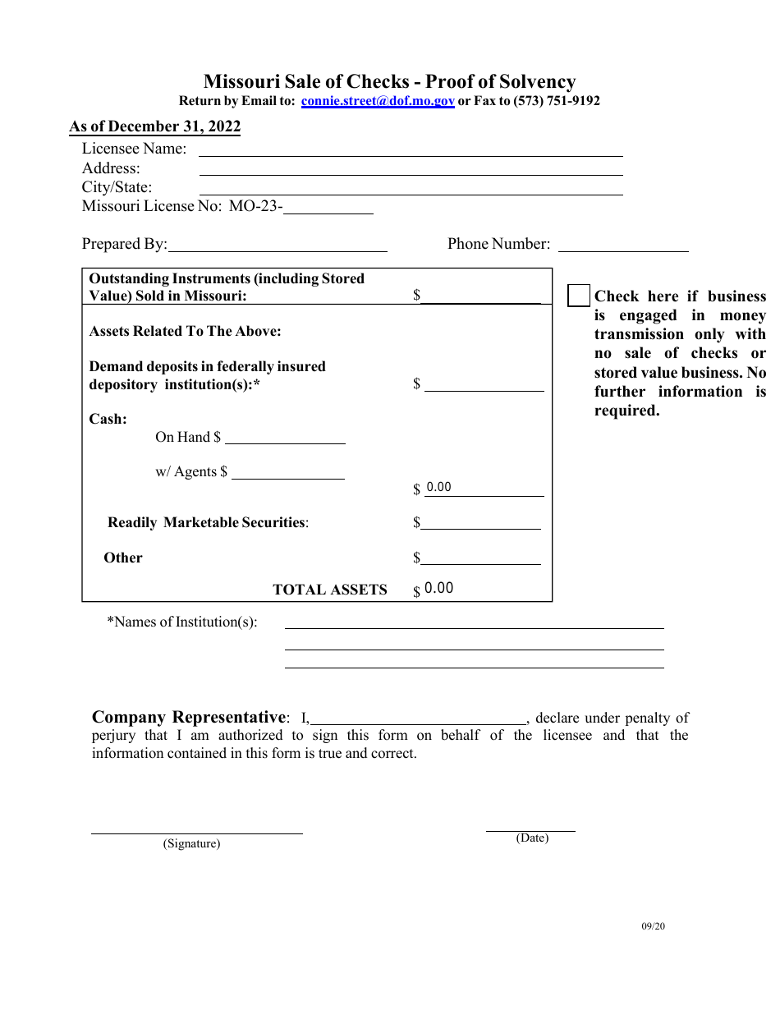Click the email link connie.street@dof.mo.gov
(378, 101)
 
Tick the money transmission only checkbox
(579, 296)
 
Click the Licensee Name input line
(411, 149)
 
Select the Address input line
(411, 168)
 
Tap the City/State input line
(411, 187)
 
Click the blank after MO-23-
(328, 207)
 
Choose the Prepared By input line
(278, 244)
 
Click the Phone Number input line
(623, 244)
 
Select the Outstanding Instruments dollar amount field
(481, 296)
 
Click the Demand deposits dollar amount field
(484, 384)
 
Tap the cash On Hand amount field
(285, 437)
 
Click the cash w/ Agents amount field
(288, 472)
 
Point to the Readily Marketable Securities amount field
(481, 522)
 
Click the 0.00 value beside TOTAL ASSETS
(439, 588)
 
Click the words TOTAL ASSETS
(329, 590)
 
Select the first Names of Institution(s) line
(474, 622)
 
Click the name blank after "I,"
(418, 718)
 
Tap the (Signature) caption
(191, 843)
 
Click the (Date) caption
(532, 838)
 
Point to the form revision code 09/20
(654, 926)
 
